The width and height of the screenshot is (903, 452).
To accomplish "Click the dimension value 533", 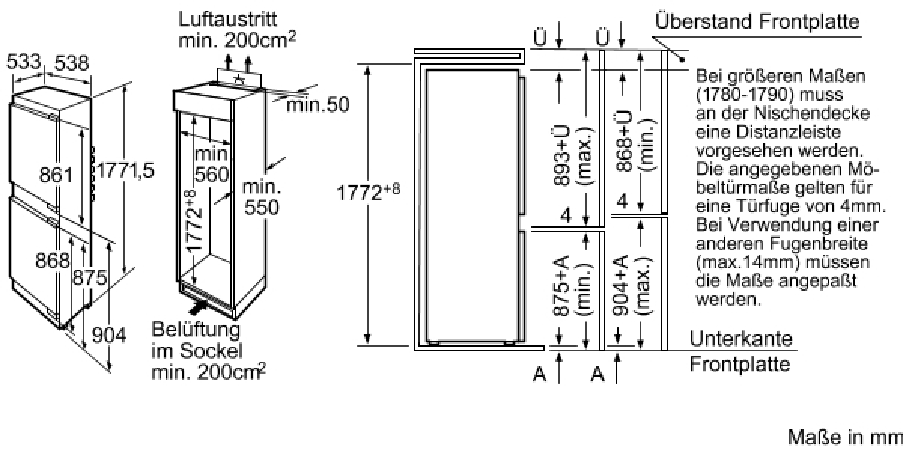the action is pos(23,61).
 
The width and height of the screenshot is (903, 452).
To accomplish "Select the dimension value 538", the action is pos(71,63).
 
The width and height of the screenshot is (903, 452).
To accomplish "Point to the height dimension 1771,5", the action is pos(126,170).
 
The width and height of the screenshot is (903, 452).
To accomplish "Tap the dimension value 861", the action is pos(56,175).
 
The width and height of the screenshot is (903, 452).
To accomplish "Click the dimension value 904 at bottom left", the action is pos(109,335).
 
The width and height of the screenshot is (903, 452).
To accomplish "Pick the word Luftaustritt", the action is pos(228,19).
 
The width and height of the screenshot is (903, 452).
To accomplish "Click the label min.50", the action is pos(318,105).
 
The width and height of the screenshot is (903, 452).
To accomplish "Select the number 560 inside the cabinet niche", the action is pos(211,174).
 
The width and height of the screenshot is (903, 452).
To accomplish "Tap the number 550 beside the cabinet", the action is pos(262,207).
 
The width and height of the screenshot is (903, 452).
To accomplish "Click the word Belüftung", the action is pos(196,330).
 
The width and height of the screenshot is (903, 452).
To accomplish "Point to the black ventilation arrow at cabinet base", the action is pos(199,307).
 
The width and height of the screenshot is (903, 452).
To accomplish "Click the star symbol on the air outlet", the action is pos(239,79).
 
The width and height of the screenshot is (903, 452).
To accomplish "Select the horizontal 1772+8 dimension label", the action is pos(368,191).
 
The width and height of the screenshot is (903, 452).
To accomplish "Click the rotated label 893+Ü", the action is pos(562,155).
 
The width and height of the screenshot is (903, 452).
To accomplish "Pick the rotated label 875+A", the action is pos(561,286).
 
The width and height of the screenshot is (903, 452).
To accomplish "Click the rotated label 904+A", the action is pos(620,285).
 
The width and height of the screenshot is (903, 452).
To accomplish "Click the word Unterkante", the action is pos(740,338).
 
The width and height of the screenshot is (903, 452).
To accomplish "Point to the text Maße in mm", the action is pos(845,438).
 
